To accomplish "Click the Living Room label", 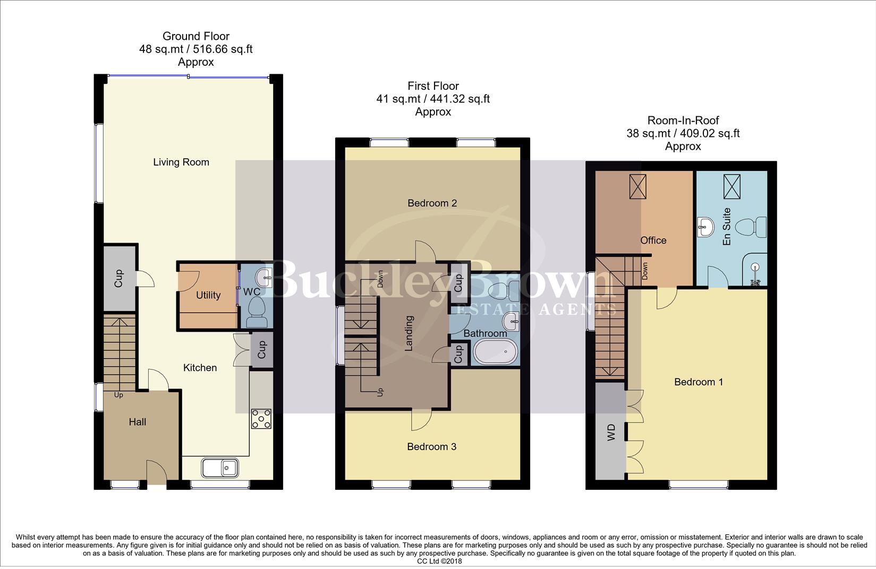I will [x=181, y=162].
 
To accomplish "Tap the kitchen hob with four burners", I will [x=261, y=418].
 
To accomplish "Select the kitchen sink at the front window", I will [x=220, y=468].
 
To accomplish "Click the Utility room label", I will [x=208, y=295].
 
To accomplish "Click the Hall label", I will [x=138, y=422].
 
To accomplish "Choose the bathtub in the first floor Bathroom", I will [x=495, y=352].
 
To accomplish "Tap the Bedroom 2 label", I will [x=432, y=203].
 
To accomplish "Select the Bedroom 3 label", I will [x=431, y=447].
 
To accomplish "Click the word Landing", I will [x=409, y=334].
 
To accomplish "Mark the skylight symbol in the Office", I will [x=637, y=187].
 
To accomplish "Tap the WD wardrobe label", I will [x=611, y=429].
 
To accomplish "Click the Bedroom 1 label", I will [x=698, y=382].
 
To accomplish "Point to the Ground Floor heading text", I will [x=195, y=37].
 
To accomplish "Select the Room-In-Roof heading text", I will [x=683, y=120].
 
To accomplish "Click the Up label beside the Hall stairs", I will [x=118, y=395].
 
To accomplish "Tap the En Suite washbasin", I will [x=707, y=227].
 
